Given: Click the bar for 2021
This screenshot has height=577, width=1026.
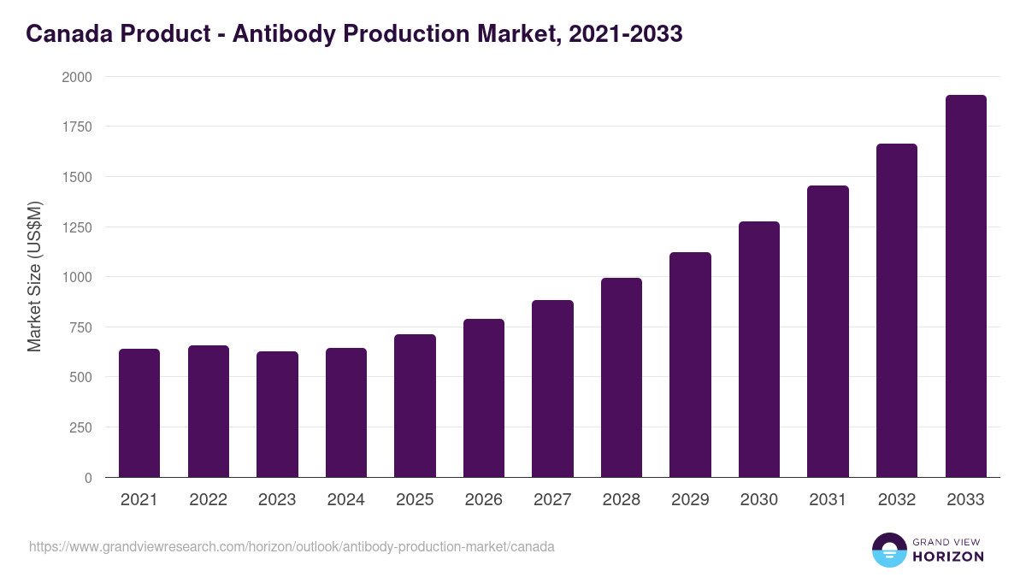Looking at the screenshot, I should click(x=139, y=413).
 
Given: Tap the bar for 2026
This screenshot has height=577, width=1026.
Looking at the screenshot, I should click(x=484, y=398).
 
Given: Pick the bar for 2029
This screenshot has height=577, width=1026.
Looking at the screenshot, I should click(x=690, y=365).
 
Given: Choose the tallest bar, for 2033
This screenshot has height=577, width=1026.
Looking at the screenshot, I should click(x=965, y=286).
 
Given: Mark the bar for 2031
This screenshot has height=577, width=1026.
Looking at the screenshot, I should click(x=828, y=332).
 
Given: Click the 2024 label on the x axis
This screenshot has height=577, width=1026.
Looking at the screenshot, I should click(x=346, y=500).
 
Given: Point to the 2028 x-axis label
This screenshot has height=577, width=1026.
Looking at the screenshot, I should click(x=622, y=500).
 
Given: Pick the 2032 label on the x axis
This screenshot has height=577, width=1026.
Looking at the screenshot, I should click(x=897, y=500).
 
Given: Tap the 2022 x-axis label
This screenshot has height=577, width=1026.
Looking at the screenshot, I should click(x=209, y=500).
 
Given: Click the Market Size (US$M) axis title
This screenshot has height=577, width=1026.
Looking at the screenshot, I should click(x=34, y=276).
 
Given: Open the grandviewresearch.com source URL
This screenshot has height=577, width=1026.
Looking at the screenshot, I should click(x=292, y=546).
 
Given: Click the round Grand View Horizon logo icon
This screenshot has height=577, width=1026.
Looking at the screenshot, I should click(x=889, y=550).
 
